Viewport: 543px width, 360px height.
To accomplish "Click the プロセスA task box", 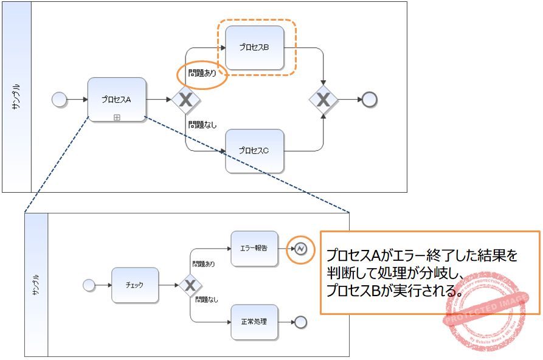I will click(117, 99).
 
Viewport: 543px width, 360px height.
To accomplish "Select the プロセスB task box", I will click(254, 47).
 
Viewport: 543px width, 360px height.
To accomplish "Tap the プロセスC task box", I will click(254, 150).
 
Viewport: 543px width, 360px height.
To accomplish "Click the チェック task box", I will click(134, 285).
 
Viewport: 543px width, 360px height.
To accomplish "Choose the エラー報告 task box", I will click(254, 248).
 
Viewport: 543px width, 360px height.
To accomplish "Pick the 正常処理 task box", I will click(254, 322).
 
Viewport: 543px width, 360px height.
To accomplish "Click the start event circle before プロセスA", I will click(59, 99).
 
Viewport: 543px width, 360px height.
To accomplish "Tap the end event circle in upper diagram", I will click(369, 99).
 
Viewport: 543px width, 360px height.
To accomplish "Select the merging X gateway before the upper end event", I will click(323, 99).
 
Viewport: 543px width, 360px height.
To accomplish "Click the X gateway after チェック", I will click(190, 285).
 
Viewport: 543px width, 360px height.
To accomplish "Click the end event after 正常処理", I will click(300, 322).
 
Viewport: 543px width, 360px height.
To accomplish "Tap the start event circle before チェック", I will click(89, 285).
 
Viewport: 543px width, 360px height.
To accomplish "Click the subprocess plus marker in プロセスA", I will click(117, 117).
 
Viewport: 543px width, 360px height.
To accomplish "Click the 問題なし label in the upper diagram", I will click(202, 125).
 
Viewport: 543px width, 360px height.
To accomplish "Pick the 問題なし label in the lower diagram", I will click(206, 299).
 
